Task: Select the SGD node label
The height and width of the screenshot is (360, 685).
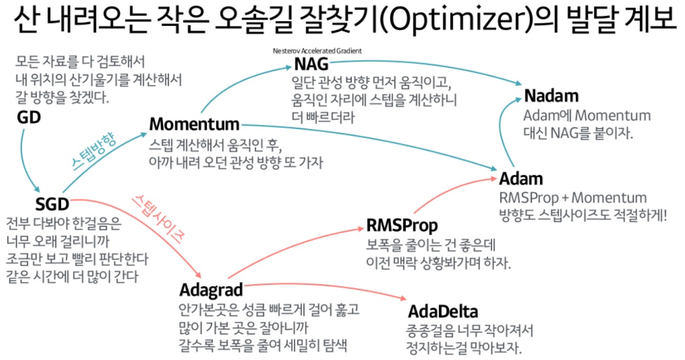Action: (x=52, y=203)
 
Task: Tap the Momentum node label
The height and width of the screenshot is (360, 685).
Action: (x=194, y=124)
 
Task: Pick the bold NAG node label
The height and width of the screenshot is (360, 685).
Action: (x=311, y=66)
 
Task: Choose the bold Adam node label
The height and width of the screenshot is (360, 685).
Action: (x=521, y=178)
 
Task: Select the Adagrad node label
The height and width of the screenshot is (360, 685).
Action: (x=211, y=290)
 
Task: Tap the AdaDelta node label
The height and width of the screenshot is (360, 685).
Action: (x=443, y=311)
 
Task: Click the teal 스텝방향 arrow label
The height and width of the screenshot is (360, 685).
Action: (x=93, y=152)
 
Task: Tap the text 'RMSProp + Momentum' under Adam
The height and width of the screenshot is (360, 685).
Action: (x=573, y=198)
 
